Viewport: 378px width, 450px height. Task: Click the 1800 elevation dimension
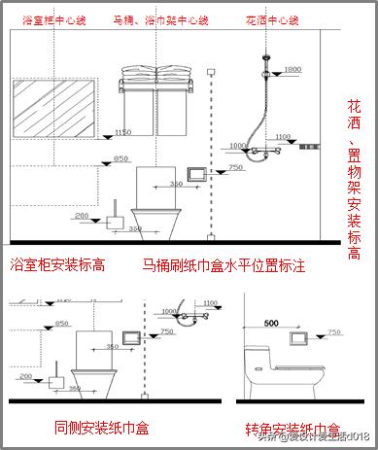pos(292,69)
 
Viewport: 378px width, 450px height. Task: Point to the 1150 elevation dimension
pos(122,131)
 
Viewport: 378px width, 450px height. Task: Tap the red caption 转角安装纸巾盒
pos(292,429)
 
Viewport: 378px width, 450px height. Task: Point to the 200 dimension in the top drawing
pos(82,215)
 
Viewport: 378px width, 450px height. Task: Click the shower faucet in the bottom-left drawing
pos(193,317)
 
